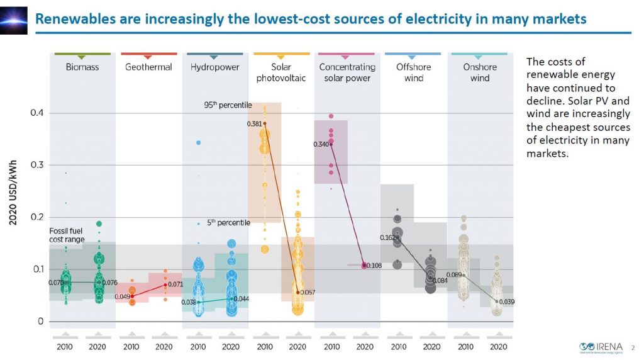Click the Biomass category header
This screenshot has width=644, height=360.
pos(82,67)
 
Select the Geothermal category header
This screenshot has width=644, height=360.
pos(148,67)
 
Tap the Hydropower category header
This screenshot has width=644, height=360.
pos(214,67)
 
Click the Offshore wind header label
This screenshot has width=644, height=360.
pos(414,72)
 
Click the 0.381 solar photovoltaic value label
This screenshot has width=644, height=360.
pos(254,124)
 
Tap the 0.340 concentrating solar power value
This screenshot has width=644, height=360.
pos(321,145)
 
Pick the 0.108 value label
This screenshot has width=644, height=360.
pos(374,266)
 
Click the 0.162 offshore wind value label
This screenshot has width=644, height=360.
pos(387,238)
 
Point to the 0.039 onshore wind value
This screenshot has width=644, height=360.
pos(506,302)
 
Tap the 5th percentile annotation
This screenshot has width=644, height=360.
pos(229,223)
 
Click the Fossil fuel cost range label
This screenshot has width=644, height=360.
pos(67,235)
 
